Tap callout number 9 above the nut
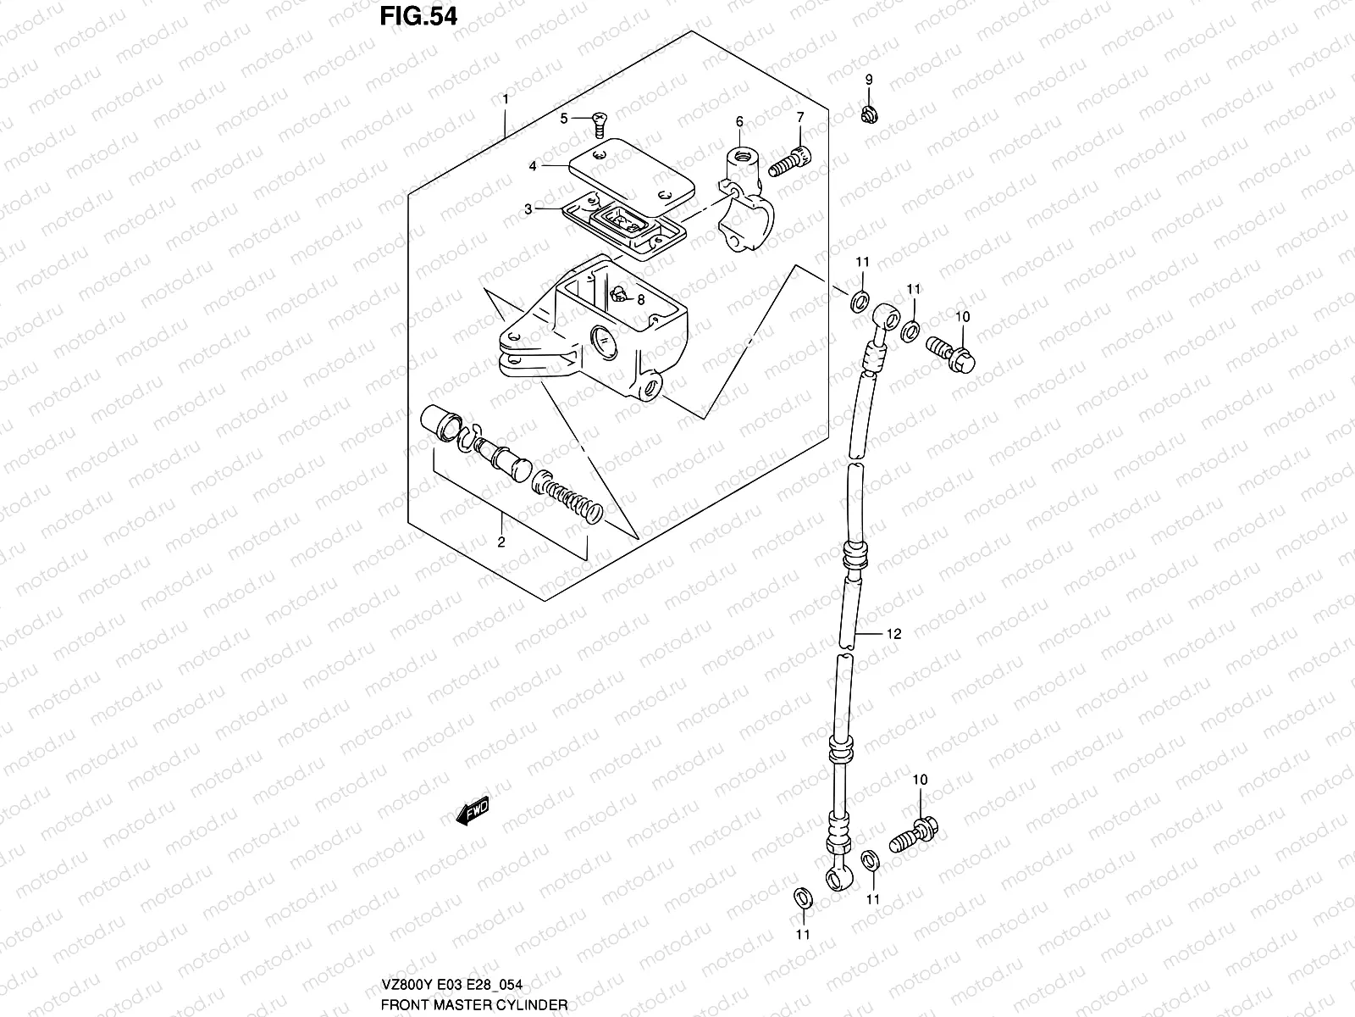tap(868, 80)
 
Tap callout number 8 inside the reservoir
tap(640, 299)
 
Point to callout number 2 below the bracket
tap(501, 542)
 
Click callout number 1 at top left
tap(505, 99)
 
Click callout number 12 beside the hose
tap(894, 633)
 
